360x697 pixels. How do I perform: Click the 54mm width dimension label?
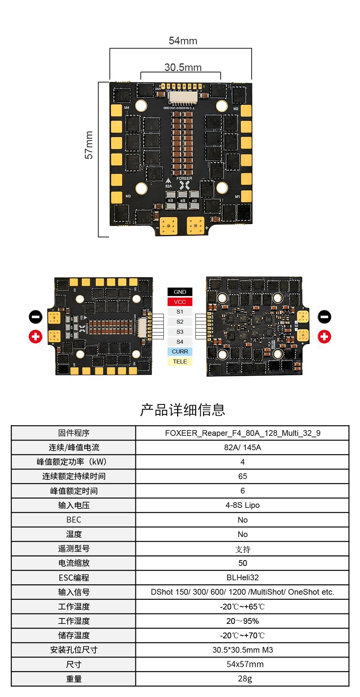coord(183,41)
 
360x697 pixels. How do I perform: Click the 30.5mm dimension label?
coord(183,67)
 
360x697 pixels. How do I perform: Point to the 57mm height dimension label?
coord(89,145)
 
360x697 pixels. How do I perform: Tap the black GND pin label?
coord(180,292)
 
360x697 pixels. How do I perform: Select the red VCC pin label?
coord(180,302)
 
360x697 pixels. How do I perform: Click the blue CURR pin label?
coord(180,352)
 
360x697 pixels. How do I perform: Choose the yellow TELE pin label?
coord(180,362)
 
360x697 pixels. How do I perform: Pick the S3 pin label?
coord(180,332)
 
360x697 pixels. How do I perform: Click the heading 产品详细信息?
coord(183,410)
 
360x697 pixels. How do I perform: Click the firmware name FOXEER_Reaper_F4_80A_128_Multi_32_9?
coord(243,433)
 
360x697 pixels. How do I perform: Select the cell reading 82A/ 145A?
coord(243,447)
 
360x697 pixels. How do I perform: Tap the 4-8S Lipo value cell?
coord(243,505)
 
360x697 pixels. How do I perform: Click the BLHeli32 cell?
coord(243,577)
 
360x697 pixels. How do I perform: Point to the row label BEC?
coord(74,520)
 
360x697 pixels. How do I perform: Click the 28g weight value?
coord(245,679)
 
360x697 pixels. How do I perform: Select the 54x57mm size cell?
coord(245,664)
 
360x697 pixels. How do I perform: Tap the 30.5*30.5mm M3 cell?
coord(243,650)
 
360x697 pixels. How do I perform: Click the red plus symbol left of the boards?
coord(36,336)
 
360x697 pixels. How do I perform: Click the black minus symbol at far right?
coord(324,317)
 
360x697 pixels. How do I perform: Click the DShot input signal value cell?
coord(243,592)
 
